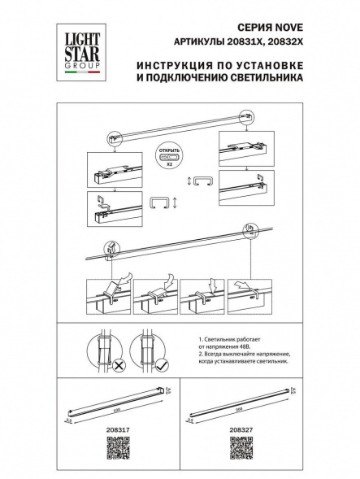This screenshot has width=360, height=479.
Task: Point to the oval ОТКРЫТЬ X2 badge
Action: click(169, 155)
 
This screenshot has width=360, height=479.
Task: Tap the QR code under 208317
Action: click(118, 447)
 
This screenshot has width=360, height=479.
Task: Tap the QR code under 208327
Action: click(241, 447)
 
